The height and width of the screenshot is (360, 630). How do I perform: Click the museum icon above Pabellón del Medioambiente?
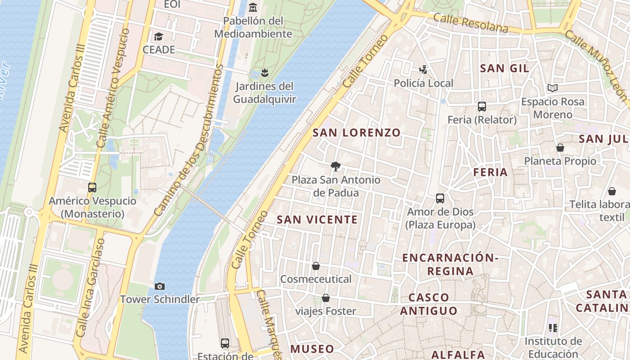pyautogui.click(x=253, y=7)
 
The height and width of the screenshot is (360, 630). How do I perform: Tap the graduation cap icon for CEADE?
pyautogui.click(x=158, y=36)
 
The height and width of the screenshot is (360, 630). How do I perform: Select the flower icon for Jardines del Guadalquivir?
pyautogui.click(x=265, y=72)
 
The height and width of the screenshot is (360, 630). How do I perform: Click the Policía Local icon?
pyautogui.click(x=423, y=70)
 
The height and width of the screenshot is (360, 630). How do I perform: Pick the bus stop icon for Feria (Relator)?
pyautogui.click(x=482, y=107)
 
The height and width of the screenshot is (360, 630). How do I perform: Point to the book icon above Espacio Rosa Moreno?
pyautogui.click(x=553, y=88)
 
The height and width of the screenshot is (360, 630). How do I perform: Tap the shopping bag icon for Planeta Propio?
pyautogui.click(x=560, y=148)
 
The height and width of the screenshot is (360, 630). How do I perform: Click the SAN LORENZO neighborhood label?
pyautogui.click(x=356, y=133)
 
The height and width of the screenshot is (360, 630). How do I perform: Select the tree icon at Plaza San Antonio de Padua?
pyautogui.click(x=335, y=166)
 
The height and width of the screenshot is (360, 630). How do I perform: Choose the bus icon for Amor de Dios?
pyautogui.click(x=440, y=198)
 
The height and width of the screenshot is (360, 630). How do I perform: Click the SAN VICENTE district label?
pyautogui.click(x=317, y=220)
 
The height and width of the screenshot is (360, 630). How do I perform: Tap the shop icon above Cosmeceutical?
pyautogui.click(x=316, y=266)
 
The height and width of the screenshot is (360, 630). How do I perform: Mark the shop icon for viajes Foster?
pyautogui.click(x=326, y=298)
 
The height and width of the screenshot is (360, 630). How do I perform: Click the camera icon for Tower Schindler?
pyautogui.click(x=159, y=286)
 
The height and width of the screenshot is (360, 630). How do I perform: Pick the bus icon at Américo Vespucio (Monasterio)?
pyautogui.click(x=92, y=188)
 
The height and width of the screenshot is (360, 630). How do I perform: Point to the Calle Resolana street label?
pyautogui.click(x=471, y=22)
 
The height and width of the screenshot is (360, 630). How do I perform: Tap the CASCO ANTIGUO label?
pyautogui.click(x=429, y=304)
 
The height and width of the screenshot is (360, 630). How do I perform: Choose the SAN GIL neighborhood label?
pyautogui.click(x=504, y=68)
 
